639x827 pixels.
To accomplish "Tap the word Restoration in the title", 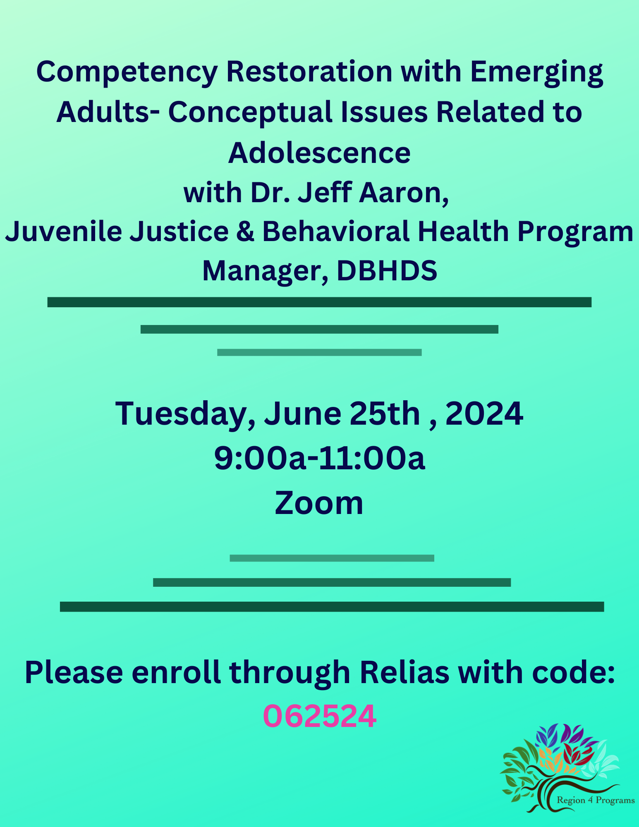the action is click(x=309, y=72).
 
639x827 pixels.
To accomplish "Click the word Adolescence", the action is click(x=319, y=153).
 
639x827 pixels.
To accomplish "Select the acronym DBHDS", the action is click(x=387, y=271).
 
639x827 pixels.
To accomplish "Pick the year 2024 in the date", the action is click(x=484, y=413).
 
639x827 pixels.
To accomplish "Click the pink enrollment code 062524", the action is click(x=320, y=716).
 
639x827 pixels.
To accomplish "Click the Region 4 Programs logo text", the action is click(x=596, y=800).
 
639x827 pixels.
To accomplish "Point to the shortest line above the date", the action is click(x=319, y=352).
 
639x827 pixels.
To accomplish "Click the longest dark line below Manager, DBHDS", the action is click(x=319, y=302).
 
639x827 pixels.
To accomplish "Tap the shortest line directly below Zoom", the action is click(x=332, y=558).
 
